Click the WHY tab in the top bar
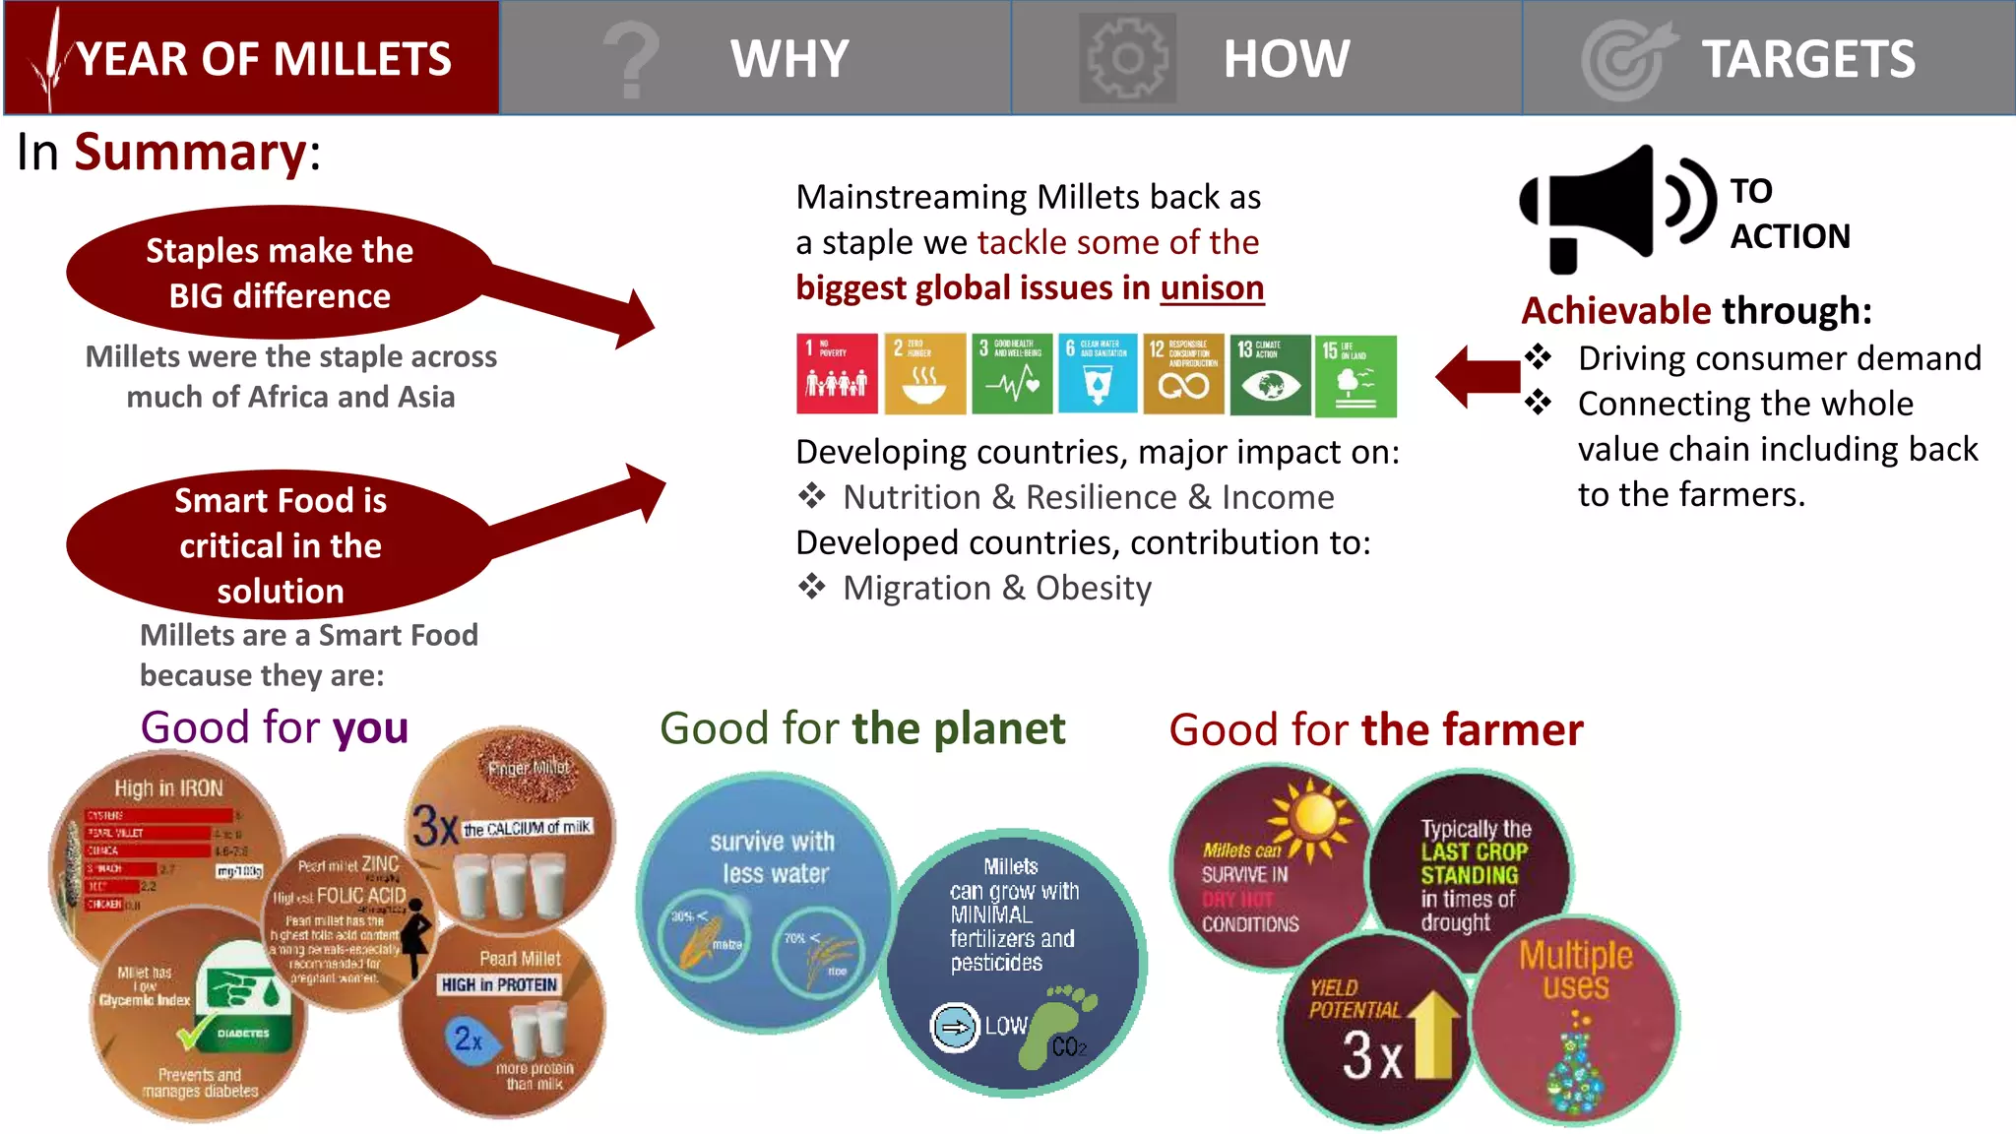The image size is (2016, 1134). click(788, 59)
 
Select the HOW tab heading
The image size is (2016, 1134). click(1286, 59)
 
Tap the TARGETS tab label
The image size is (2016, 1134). click(1807, 59)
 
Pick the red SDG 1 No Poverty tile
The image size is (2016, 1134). click(837, 374)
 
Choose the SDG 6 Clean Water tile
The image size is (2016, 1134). click(1098, 374)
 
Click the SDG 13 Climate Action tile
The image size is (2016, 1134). click(1270, 374)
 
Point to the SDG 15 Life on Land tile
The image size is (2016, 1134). click(1356, 374)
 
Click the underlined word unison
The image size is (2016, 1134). click(1212, 287)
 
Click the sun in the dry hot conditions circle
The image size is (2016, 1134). click(1312, 815)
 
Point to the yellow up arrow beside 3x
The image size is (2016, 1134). click(1435, 1034)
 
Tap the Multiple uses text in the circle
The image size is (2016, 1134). click(1575, 970)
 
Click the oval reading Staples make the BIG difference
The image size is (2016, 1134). click(280, 273)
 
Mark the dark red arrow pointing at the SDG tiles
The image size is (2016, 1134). click(1477, 376)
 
